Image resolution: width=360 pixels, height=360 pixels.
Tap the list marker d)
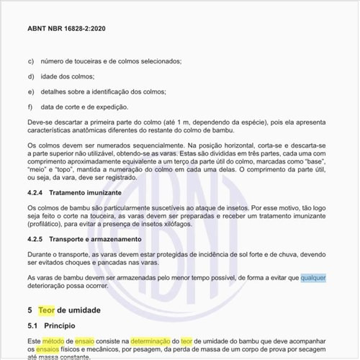(x=32, y=76)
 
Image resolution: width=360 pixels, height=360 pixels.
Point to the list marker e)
(x=32, y=92)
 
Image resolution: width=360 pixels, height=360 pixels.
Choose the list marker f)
(x=31, y=107)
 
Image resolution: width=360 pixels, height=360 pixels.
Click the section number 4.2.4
(x=37, y=194)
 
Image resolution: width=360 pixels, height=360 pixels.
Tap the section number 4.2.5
(x=37, y=239)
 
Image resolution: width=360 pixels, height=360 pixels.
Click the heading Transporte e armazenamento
(x=106, y=239)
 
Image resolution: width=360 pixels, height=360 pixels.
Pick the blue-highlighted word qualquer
(x=313, y=277)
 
